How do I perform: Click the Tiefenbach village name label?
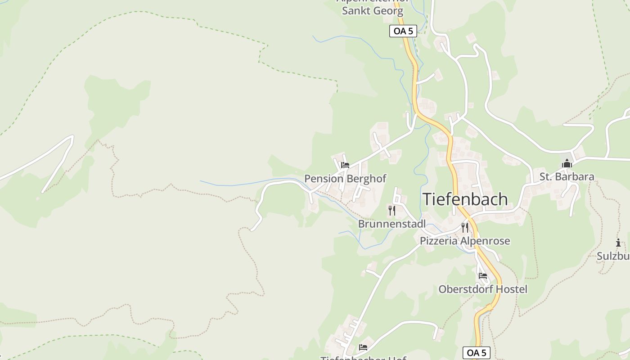[465, 199]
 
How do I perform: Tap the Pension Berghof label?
[345, 179]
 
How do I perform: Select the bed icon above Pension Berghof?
[345, 165]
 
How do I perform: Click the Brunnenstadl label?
[391, 224]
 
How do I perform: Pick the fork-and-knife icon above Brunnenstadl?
[392, 210]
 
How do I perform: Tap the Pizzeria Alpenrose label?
[465, 241]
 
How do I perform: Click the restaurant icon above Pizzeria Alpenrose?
[465, 227]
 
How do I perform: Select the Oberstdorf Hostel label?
[483, 289]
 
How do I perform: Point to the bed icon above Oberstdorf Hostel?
[483, 275]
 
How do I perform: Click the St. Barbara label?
[567, 177]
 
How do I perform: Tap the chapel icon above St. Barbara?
[567, 163]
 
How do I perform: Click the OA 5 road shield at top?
[403, 31]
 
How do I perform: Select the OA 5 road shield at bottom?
[476, 353]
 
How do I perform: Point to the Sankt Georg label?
[372, 11]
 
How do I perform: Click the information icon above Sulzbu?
[618, 243]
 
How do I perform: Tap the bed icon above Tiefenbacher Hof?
[363, 347]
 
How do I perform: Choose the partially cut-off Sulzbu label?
[613, 256]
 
